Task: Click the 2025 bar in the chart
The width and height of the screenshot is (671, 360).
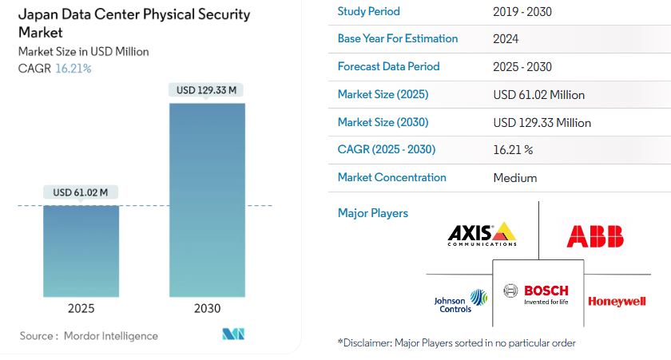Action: [81, 251]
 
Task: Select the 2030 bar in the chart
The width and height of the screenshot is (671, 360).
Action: [207, 200]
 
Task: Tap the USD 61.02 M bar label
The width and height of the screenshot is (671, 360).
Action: [81, 192]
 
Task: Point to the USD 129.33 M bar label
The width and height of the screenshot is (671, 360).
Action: [206, 90]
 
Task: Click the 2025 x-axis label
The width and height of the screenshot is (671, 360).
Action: [81, 308]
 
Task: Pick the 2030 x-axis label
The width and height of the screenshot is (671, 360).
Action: [207, 308]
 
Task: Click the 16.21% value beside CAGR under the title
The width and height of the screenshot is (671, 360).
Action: [73, 69]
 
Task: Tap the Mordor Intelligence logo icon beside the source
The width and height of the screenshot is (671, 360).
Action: [233, 334]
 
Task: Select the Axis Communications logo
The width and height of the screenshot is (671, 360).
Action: [482, 235]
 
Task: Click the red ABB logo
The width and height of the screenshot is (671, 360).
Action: [595, 236]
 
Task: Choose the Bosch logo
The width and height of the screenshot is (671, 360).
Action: [536, 295]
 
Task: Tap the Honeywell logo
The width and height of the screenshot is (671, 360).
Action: [617, 302]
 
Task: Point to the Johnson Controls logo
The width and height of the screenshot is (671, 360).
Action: [461, 302]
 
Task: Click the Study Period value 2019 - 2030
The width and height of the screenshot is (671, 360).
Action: [522, 11]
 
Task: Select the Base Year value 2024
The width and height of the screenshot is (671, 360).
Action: [506, 39]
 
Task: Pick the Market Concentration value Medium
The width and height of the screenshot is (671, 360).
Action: [514, 178]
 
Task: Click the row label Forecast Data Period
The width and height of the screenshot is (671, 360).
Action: [388, 66]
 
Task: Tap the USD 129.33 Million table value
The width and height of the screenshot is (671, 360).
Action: [542, 123]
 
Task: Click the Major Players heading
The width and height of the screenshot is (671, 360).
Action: [373, 213]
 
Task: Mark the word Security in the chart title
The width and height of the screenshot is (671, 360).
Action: [224, 14]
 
